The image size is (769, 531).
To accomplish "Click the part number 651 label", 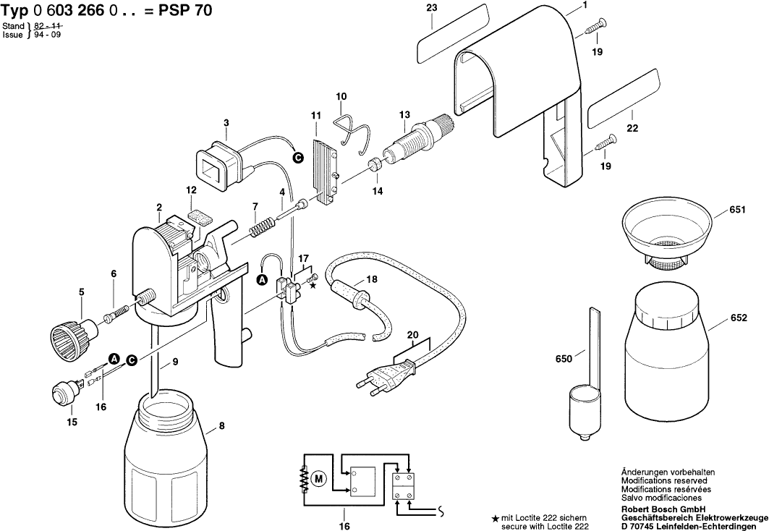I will (x=738, y=211).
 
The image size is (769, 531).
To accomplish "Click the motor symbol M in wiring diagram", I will (x=319, y=478).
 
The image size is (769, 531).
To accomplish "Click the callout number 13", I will (x=404, y=114).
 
